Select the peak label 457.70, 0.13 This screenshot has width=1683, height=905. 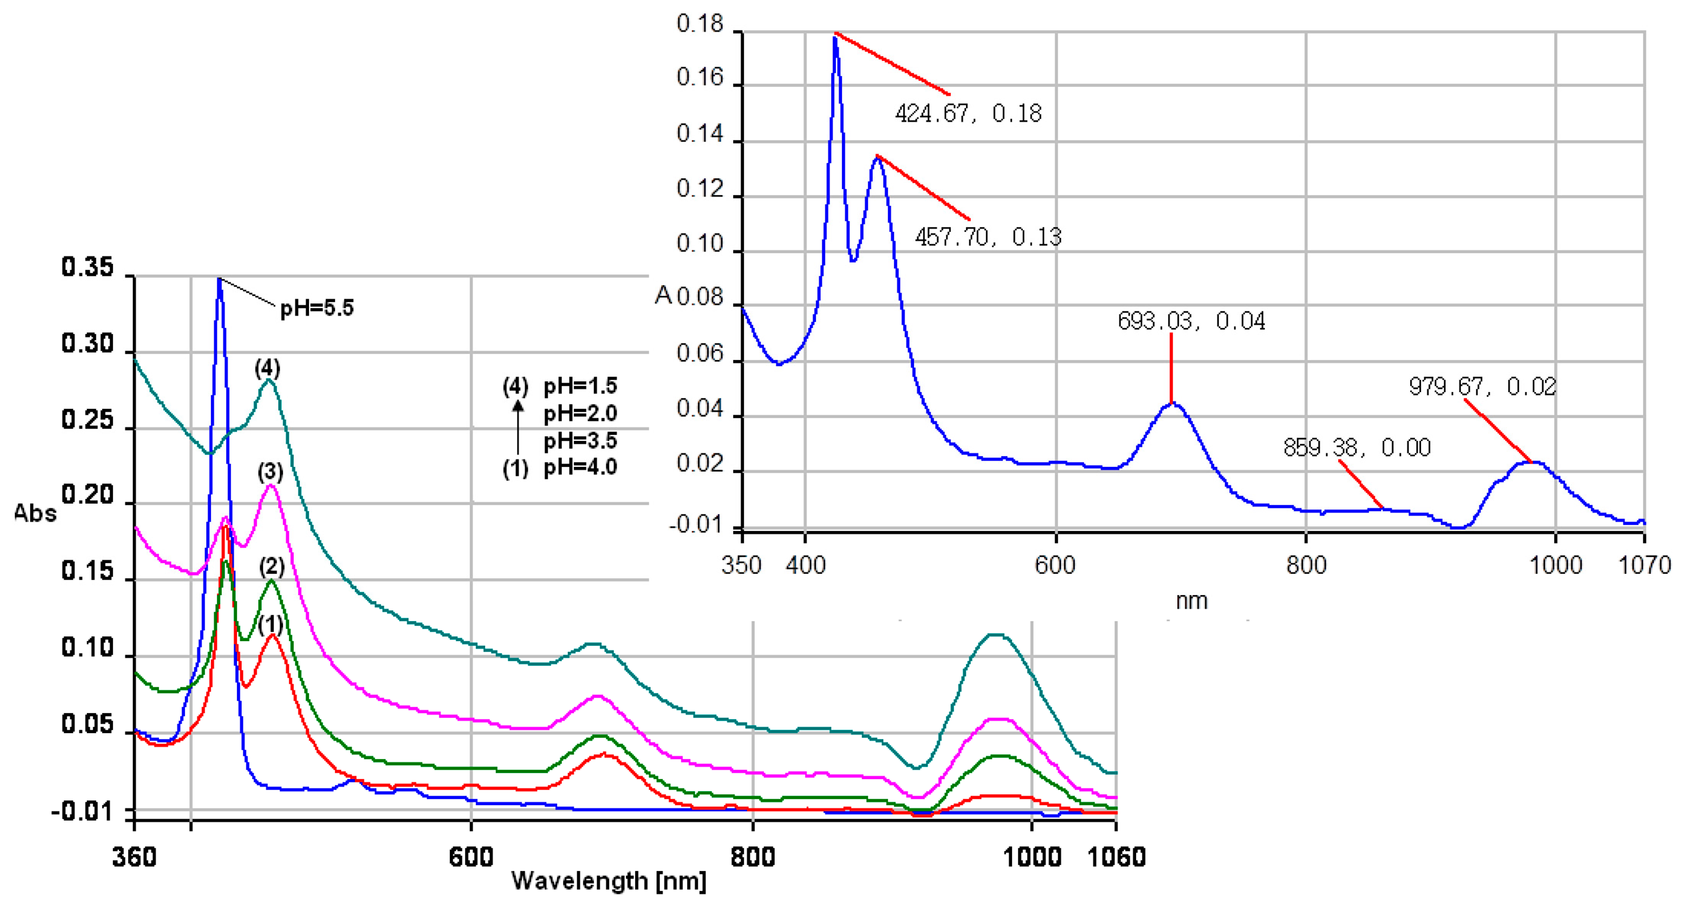(x=988, y=236)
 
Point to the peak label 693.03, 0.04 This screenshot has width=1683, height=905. (x=1191, y=321)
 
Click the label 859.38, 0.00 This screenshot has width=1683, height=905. (x=1356, y=447)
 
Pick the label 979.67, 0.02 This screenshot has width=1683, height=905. (x=1482, y=387)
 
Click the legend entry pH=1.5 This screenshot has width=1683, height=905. (x=580, y=386)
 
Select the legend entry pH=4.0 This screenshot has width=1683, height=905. (x=580, y=467)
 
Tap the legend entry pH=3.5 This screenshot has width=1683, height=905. (x=580, y=440)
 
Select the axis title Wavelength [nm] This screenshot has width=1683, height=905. (x=608, y=881)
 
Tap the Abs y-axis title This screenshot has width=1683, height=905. (x=35, y=514)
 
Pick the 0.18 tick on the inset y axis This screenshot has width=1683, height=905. (x=700, y=24)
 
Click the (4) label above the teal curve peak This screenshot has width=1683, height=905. (x=267, y=368)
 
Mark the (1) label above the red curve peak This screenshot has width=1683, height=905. (x=270, y=625)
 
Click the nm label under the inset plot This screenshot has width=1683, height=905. (x=1191, y=601)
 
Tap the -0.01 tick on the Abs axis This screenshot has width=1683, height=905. (x=82, y=812)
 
